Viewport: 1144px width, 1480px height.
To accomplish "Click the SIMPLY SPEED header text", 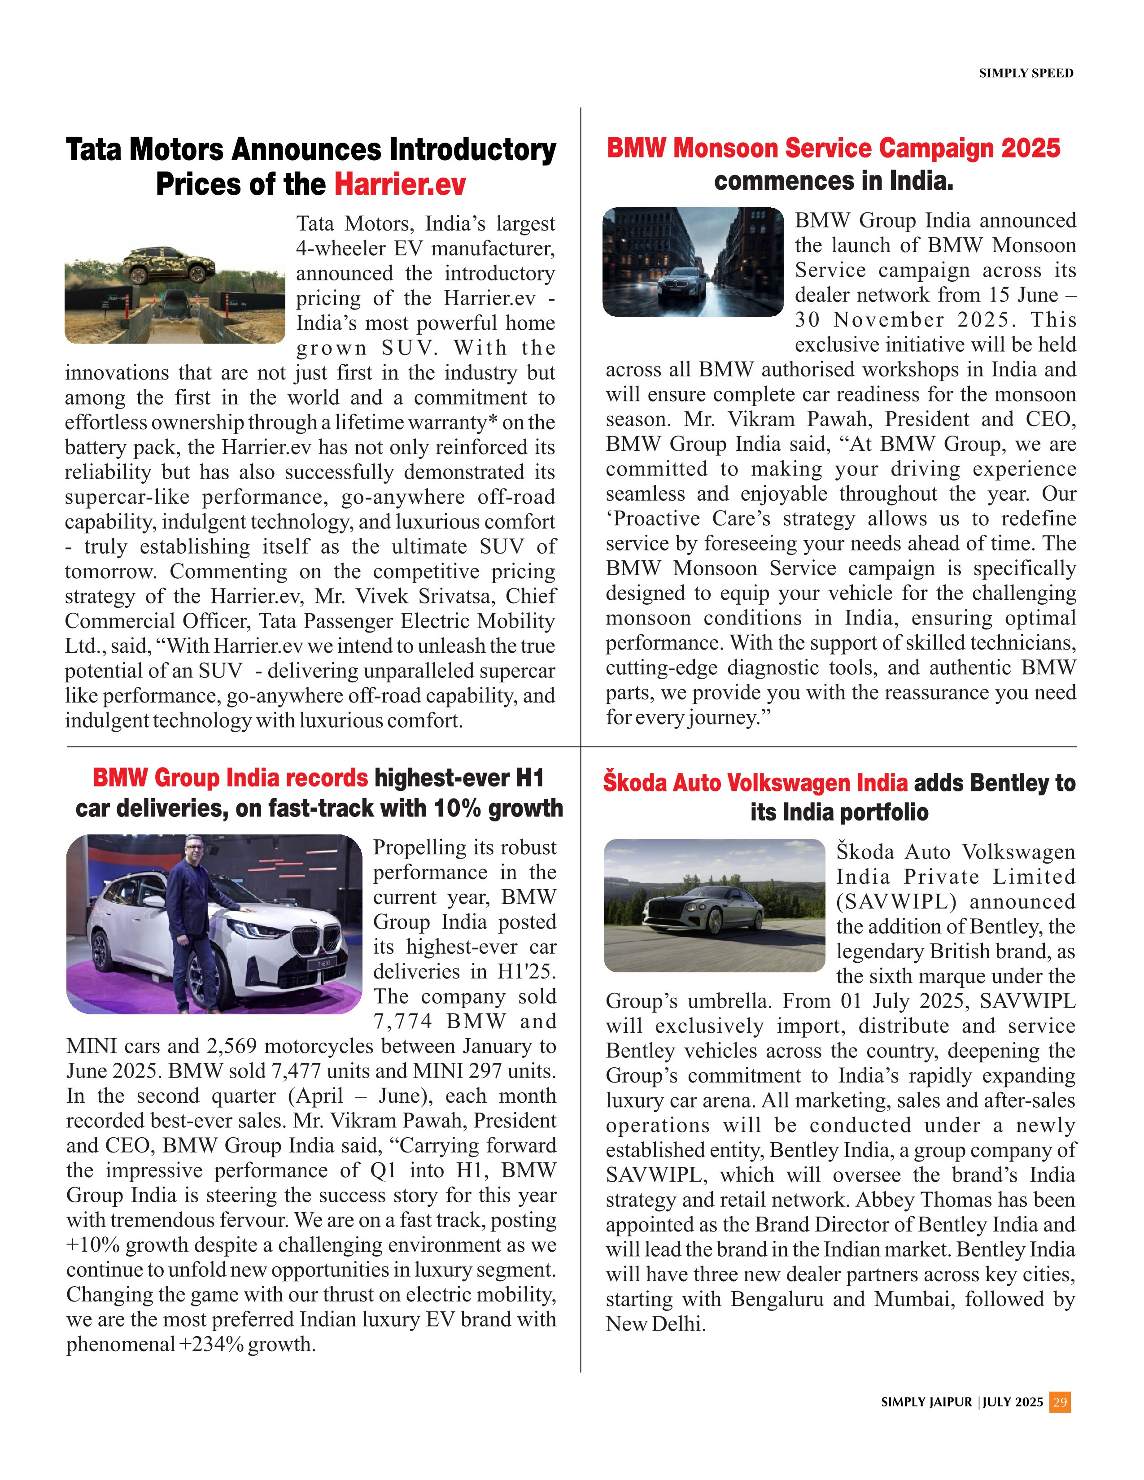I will tap(1026, 73).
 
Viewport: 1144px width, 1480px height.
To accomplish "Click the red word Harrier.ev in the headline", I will tap(400, 184).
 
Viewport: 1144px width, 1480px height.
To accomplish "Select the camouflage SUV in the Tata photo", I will tap(170, 265).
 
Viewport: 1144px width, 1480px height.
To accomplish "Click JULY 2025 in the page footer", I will tap(1013, 1402).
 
